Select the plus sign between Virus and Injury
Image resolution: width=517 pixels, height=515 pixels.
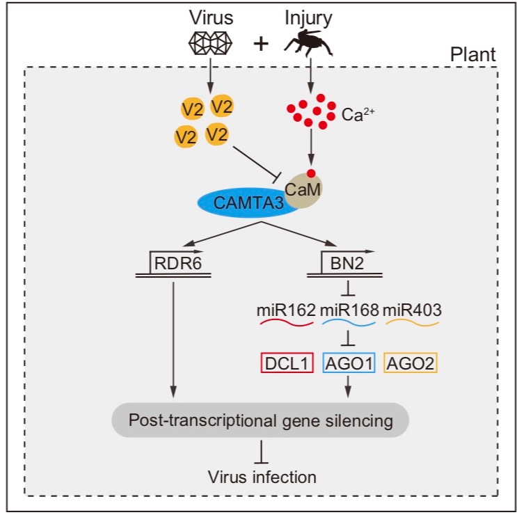tap(260, 44)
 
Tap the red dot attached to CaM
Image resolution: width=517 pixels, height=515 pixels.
tap(312, 173)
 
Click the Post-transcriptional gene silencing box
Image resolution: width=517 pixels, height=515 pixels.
tap(260, 420)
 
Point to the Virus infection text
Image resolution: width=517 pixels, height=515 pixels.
tap(262, 477)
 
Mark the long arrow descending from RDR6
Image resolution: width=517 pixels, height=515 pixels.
tap(173, 334)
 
